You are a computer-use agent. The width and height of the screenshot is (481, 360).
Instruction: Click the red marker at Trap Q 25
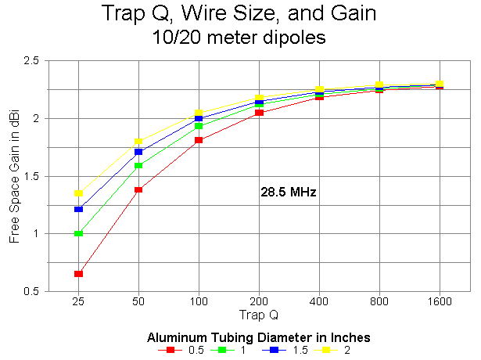[x=78, y=273]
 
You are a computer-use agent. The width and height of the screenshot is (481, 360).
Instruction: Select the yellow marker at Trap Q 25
[x=78, y=193]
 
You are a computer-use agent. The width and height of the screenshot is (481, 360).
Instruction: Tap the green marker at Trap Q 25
[x=78, y=233]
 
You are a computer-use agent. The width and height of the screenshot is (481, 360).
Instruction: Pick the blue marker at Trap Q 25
[x=78, y=209]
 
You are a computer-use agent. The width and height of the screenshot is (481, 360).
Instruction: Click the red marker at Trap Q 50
[x=138, y=189]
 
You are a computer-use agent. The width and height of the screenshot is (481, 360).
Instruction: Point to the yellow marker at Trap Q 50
[x=138, y=142]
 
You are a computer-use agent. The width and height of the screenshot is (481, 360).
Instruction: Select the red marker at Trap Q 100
[x=199, y=140]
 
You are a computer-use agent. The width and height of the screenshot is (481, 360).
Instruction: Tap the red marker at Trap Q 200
[x=259, y=113]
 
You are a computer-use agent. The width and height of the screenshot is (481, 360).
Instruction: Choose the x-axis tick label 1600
[x=440, y=301]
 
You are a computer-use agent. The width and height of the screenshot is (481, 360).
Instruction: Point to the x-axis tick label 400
[x=319, y=301]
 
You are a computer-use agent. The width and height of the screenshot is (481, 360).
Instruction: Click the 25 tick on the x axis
[x=78, y=301]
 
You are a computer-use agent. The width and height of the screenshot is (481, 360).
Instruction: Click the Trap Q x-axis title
[x=259, y=315]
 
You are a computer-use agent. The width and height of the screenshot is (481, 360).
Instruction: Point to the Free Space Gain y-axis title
[x=14, y=176]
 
